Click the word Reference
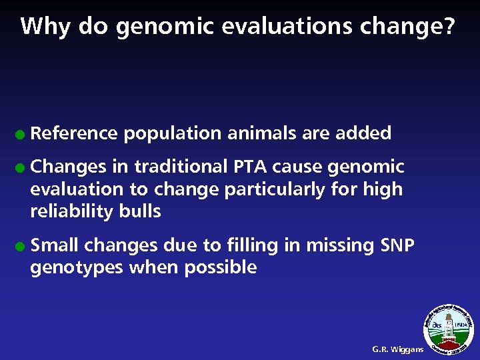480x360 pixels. coord(74,133)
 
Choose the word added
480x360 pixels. coord(363,133)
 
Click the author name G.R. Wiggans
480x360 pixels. coord(397,349)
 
